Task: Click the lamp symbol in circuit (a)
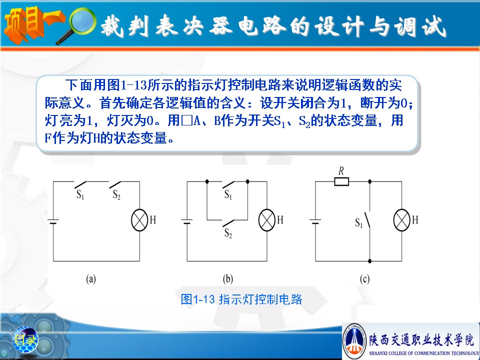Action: coord(139,220)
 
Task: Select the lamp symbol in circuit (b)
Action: coord(267,220)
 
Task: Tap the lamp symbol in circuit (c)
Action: coord(401,220)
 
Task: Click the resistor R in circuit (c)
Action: coord(341,182)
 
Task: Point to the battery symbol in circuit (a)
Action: coord(53,221)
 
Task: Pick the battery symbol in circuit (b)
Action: coord(187,221)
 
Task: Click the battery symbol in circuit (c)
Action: coord(315,221)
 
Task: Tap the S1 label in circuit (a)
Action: coord(80,194)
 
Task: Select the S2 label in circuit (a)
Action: coord(116,194)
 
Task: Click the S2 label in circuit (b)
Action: coord(228,233)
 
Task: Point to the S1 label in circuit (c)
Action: coord(359,223)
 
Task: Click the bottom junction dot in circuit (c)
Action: coord(370,261)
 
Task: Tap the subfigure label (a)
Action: coord(91,279)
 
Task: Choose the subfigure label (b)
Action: coord(228,279)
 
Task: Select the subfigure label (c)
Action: coord(364,279)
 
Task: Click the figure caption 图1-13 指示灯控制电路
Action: coord(241,299)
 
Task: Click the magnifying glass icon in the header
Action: coord(78,24)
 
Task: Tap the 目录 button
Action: coord(25,339)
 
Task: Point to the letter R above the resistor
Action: coord(341,171)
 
